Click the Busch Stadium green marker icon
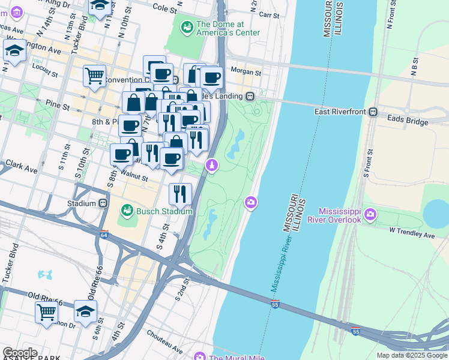(x=127, y=210)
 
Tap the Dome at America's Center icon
(x=187, y=27)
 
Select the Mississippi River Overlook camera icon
(x=370, y=214)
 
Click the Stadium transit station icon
(x=103, y=203)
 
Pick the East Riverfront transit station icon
(x=373, y=112)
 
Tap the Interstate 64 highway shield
(x=104, y=235)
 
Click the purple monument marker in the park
(x=211, y=165)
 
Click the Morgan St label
(x=247, y=73)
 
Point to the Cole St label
(x=166, y=9)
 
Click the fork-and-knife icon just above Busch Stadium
(x=179, y=193)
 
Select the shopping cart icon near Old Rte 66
(x=46, y=311)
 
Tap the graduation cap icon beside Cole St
(x=100, y=6)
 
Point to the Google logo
(x=20, y=352)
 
